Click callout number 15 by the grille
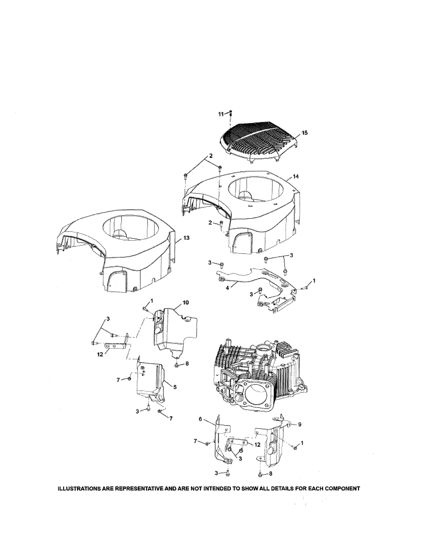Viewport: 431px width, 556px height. pos(305,133)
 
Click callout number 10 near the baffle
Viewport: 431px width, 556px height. pos(186,302)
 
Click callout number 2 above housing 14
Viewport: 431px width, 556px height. pos(211,156)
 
